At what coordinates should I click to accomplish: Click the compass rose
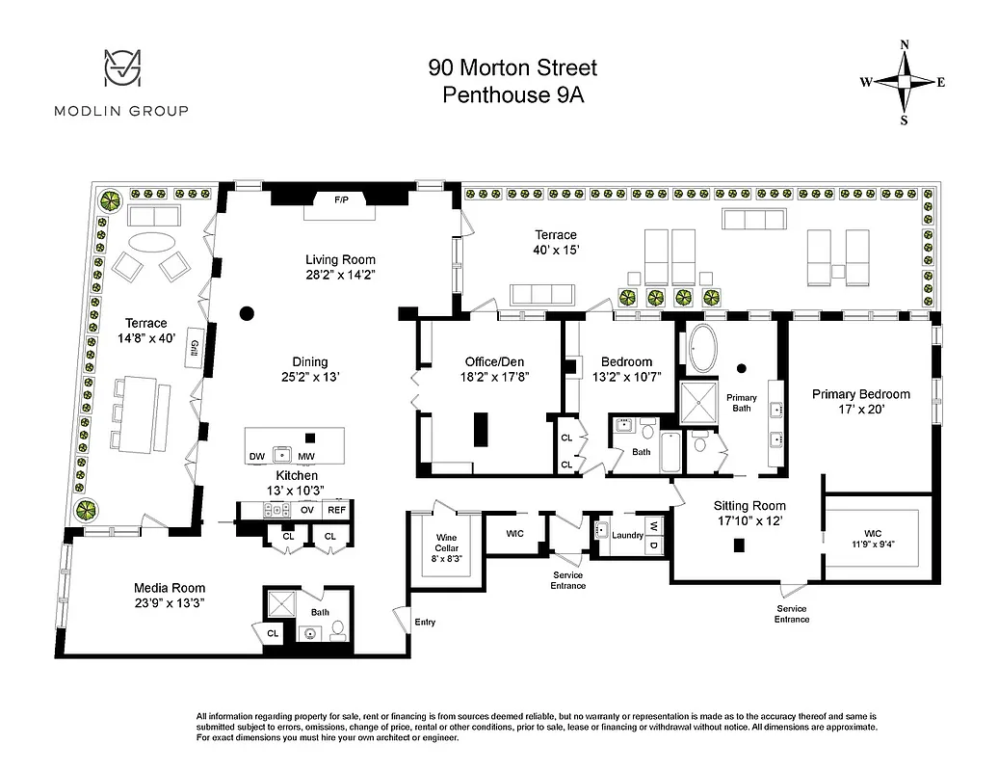pyautogui.click(x=904, y=83)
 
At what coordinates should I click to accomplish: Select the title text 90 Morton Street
pyautogui.click(x=512, y=67)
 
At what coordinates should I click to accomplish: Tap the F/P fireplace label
pyautogui.click(x=341, y=200)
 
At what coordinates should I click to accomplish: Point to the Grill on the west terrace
pyautogui.click(x=194, y=350)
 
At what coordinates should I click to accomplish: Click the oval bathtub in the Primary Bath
pyautogui.click(x=700, y=350)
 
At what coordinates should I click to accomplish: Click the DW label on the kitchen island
pyautogui.click(x=256, y=457)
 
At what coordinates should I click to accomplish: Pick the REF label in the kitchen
pyautogui.click(x=335, y=510)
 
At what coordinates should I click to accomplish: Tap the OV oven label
pyautogui.click(x=307, y=510)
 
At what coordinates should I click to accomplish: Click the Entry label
pyautogui.click(x=425, y=623)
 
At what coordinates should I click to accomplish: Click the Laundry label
pyautogui.click(x=627, y=536)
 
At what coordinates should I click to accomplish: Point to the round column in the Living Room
pyautogui.click(x=247, y=313)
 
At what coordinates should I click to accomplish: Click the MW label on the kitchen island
pyautogui.click(x=306, y=457)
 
